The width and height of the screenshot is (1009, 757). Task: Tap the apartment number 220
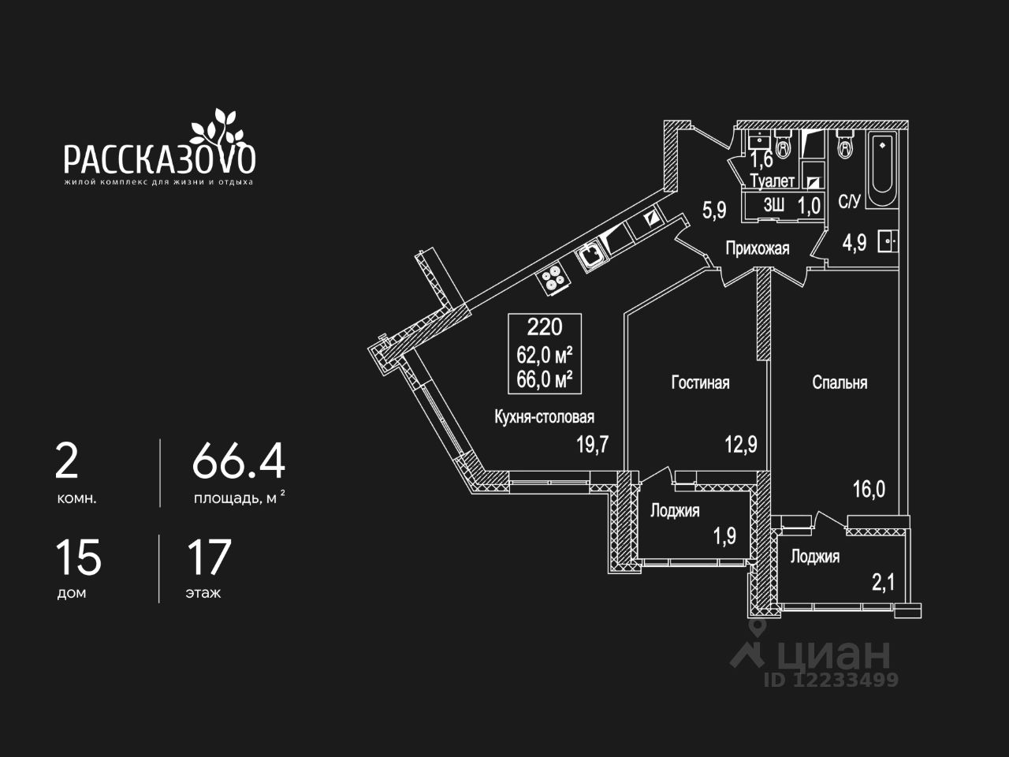(x=545, y=326)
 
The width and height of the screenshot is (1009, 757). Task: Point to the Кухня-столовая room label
(x=544, y=417)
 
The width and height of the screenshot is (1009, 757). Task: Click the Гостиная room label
(x=700, y=382)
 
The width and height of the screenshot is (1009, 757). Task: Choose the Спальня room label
(x=840, y=382)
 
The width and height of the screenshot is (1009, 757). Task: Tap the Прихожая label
(x=757, y=249)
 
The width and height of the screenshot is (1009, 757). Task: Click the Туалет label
(x=773, y=181)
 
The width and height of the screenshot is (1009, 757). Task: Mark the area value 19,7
(x=592, y=445)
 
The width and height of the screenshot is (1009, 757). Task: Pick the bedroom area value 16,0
(x=869, y=489)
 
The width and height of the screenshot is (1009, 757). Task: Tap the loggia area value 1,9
(x=724, y=536)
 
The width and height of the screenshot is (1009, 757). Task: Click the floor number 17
(x=208, y=557)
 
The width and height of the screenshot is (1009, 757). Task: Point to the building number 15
(x=78, y=557)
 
